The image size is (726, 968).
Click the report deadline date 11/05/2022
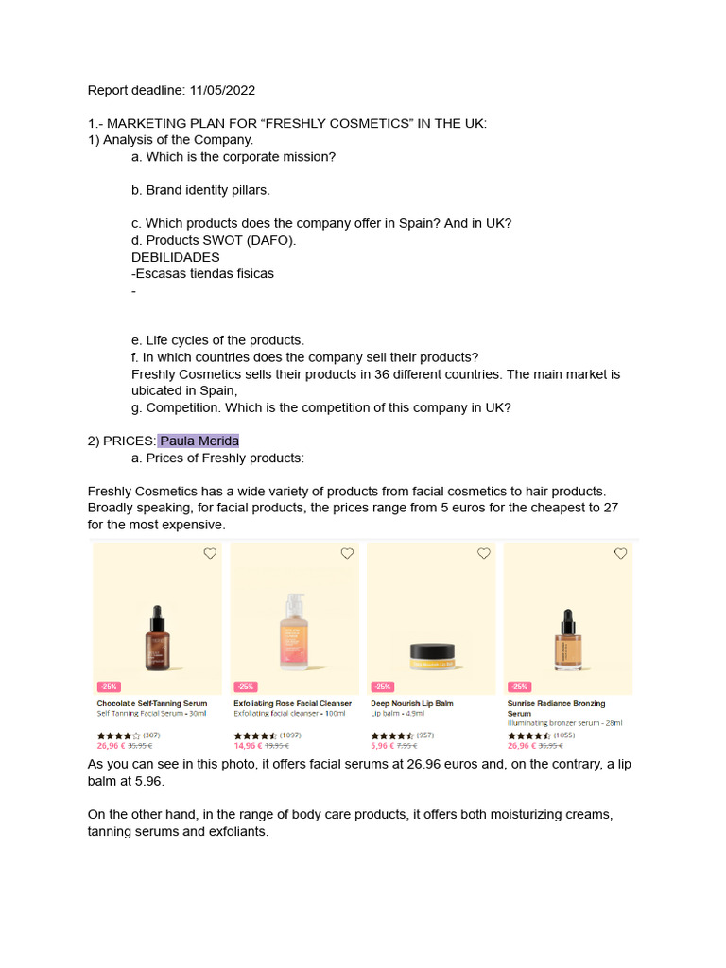coord(222,91)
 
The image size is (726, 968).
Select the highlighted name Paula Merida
coord(199,441)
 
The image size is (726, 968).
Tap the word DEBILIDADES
coord(176,257)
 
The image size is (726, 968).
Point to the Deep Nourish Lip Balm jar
coord(432,653)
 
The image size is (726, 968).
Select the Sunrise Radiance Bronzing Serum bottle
coord(568,638)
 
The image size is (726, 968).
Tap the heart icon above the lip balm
coord(483,553)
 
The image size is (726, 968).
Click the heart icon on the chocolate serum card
coord(210,553)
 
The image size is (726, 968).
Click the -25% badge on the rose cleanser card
coord(246,686)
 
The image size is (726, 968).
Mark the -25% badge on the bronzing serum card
coord(519,686)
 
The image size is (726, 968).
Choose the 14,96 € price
coord(248,745)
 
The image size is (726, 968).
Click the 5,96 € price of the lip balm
coord(383,745)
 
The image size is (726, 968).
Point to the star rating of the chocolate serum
coord(118,735)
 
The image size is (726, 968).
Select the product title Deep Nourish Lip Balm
coord(412,703)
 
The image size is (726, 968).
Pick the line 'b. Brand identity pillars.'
coord(200,190)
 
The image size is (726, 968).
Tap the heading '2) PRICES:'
coord(122,441)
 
